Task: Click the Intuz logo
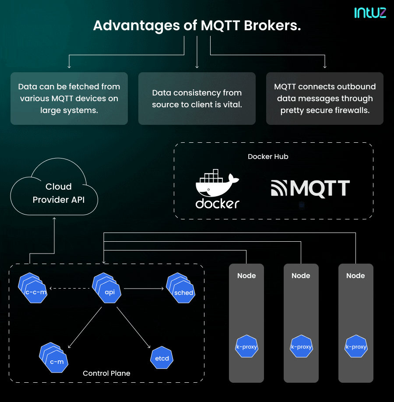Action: pos(370,12)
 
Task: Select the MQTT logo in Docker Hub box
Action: pos(310,189)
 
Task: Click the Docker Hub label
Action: pos(268,156)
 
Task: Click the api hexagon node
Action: pos(110,292)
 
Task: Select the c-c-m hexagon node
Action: pos(35,292)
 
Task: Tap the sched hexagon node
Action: pos(183,292)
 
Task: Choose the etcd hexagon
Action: pos(162,358)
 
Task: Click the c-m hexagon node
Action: pos(57,361)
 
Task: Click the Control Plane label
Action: pos(106,373)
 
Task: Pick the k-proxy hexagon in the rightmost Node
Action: pos(356,347)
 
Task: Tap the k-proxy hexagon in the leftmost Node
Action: pos(247,347)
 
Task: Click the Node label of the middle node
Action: pos(301,275)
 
